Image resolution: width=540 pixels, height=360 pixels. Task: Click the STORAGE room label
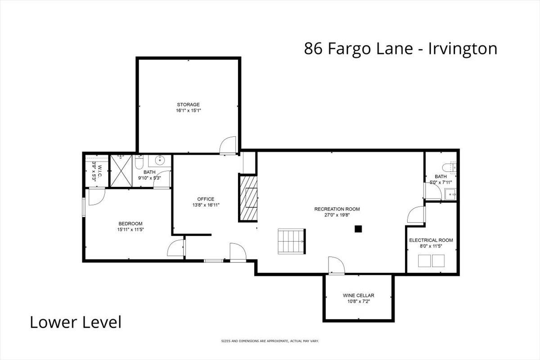(x=188, y=105)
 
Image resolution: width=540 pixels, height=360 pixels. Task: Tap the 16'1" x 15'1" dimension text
(x=188, y=111)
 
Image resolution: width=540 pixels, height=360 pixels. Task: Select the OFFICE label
(x=206, y=199)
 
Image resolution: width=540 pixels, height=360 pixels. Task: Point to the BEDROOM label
(x=130, y=224)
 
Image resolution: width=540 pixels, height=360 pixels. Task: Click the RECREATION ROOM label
(x=337, y=209)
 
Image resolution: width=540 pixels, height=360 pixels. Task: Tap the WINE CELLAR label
(x=359, y=295)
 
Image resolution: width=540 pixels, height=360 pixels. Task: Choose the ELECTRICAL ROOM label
(x=431, y=240)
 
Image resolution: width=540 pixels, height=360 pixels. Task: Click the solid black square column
(x=358, y=229)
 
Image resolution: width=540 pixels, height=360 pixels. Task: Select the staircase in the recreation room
(x=292, y=241)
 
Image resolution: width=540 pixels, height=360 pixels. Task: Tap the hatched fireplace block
(x=248, y=198)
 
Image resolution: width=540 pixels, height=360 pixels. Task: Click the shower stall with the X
(x=121, y=171)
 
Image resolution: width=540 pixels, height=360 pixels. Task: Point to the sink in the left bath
(x=160, y=160)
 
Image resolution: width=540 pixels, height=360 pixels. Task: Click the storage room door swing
(x=228, y=145)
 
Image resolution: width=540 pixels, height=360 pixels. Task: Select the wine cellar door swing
(x=337, y=265)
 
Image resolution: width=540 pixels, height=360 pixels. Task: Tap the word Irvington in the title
(x=463, y=49)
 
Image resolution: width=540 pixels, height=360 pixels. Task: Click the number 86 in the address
(x=313, y=49)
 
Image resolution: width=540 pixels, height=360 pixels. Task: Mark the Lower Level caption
(x=76, y=322)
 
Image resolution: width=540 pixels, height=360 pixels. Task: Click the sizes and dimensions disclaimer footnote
(x=270, y=341)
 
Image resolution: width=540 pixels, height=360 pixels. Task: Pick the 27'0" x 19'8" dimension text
(x=337, y=215)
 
